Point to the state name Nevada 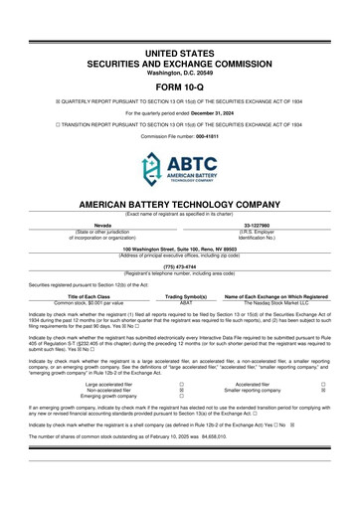tap(102, 224)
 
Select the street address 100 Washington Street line tap(179, 246)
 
